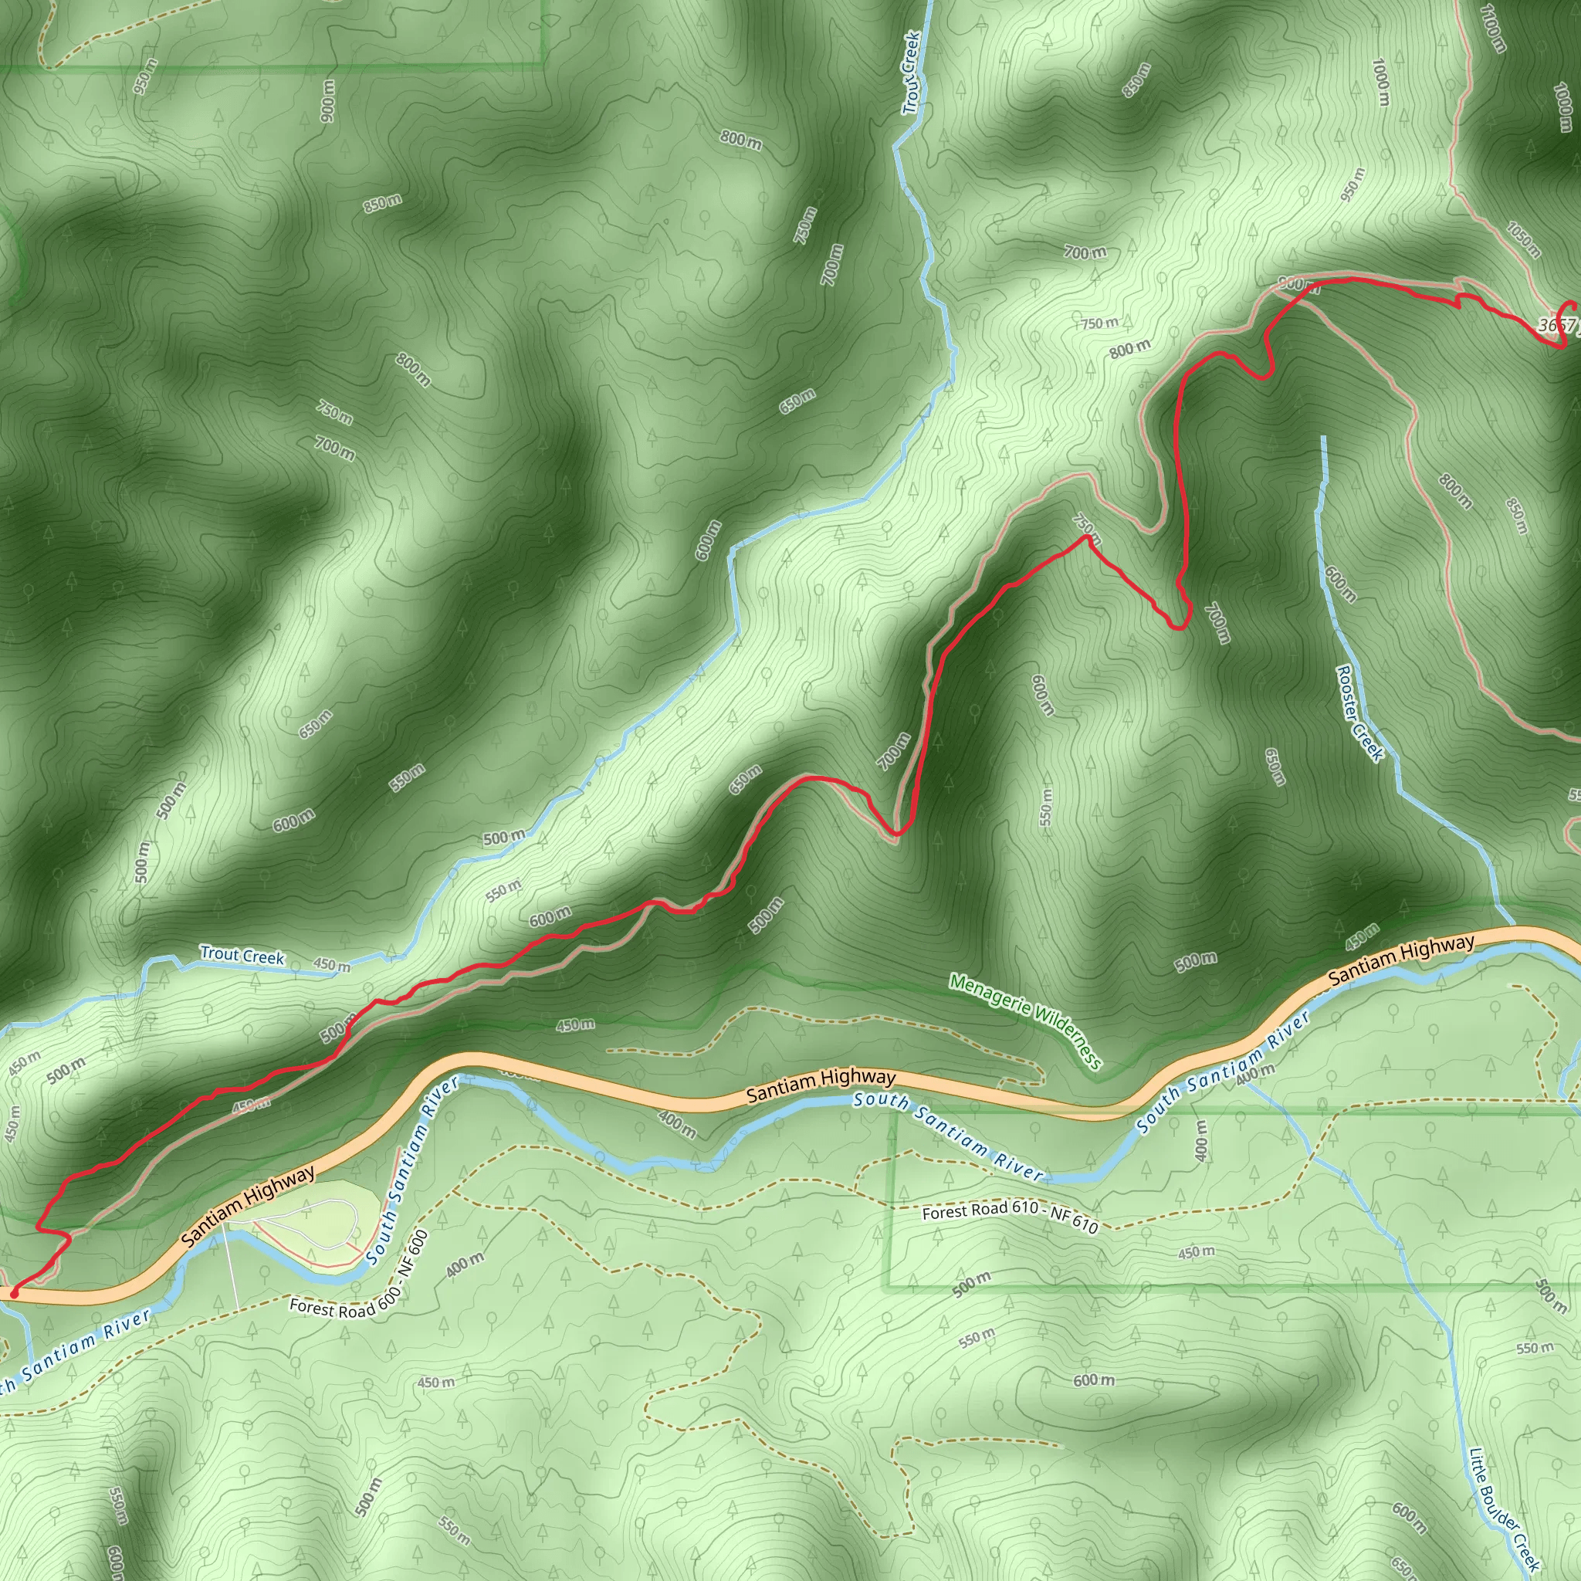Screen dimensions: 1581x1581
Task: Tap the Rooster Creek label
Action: point(1359,713)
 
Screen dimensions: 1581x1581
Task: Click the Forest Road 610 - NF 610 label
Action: point(1010,1217)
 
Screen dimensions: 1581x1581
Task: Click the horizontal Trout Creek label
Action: point(242,955)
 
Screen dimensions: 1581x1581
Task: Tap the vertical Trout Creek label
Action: point(912,73)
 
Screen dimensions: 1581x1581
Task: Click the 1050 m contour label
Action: point(1524,239)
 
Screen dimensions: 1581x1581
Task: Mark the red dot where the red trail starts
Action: point(13,1294)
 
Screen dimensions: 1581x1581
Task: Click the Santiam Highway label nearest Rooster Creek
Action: point(1401,960)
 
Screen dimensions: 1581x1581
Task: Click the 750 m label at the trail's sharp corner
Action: point(1088,529)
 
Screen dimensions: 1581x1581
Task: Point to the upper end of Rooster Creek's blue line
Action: point(1323,438)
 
